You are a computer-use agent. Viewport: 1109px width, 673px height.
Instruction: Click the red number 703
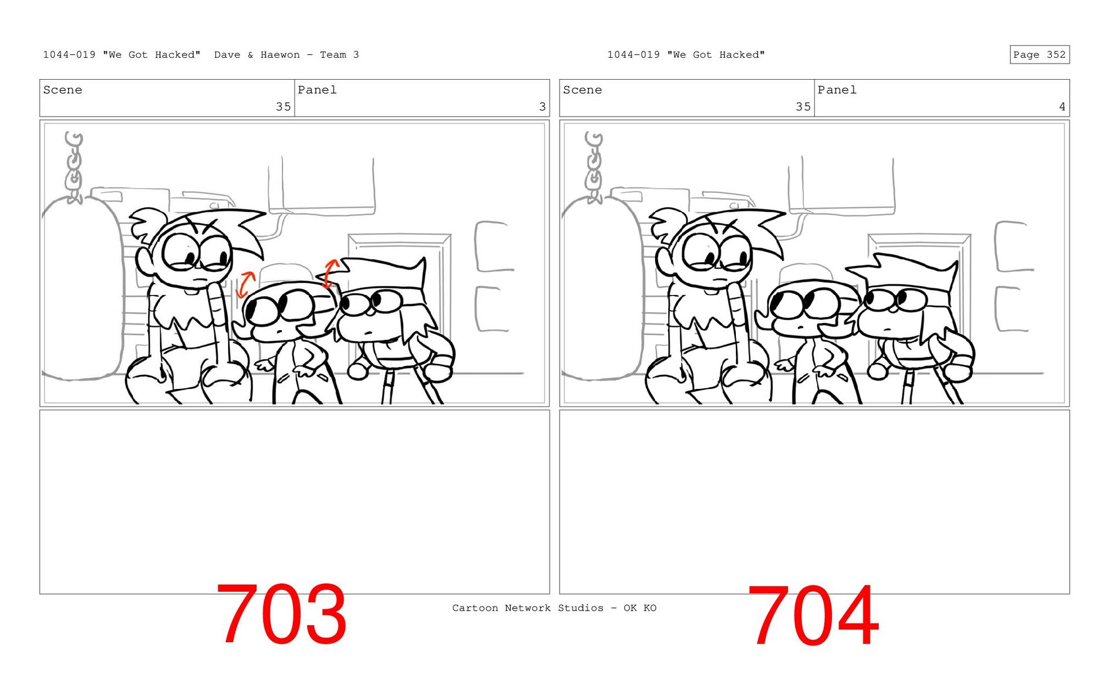pyautogui.click(x=281, y=614)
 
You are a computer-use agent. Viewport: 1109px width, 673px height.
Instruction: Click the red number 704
pyautogui.click(x=813, y=615)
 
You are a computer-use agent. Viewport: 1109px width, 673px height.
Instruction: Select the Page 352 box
pyautogui.click(x=1040, y=54)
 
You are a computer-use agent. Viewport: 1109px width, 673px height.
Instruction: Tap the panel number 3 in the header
pyautogui.click(x=542, y=107)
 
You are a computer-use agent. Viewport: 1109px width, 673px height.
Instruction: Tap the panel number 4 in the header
pyautogui.click(x=1062, y=107)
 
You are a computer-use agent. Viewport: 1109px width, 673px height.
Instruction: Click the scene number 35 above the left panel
pyautogui.click(x=283, y=107)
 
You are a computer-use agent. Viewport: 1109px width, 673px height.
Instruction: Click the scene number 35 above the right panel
pyautogui.click(x=803, y=107)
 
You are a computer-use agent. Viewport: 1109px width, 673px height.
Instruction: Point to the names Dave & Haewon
pyautogui.click(x=257, y=55)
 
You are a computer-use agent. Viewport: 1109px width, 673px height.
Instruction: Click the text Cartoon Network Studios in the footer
pyautogui.click(x=527, y=608)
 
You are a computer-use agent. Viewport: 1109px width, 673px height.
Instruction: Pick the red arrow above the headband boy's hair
pyautogui.click(x=330, y=273)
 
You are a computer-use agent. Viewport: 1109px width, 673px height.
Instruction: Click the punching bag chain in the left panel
pyautogui.click(x=74, y=167)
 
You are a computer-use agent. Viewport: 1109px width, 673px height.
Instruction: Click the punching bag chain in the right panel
pyautogui.click(x=594, y=167)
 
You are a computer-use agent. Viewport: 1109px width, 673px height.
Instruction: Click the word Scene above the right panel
pyautogui.click(x=582, y=90)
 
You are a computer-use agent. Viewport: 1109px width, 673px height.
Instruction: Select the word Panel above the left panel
pyautogui.click(x=317, y=90)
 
